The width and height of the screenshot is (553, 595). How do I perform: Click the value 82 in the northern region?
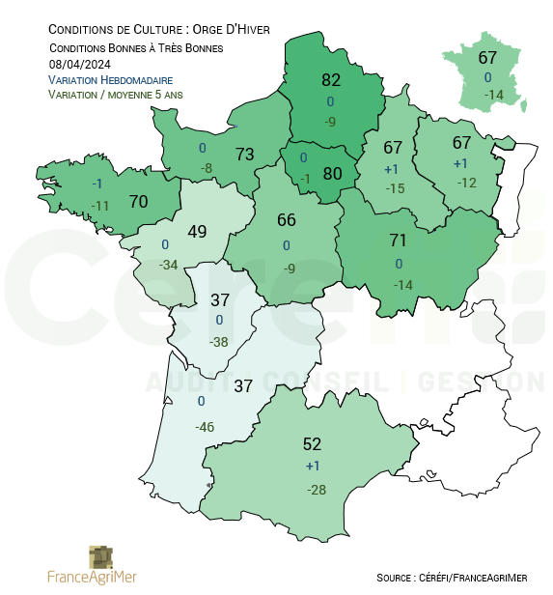point(331,80)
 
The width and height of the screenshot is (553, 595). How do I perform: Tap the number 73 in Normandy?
point(244,154)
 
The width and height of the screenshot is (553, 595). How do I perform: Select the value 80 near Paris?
point(333,174)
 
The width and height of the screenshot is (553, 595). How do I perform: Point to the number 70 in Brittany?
point(138,203)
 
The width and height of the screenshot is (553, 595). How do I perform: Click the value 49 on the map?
point(198,232)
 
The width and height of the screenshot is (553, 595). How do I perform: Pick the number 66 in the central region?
point(287,220)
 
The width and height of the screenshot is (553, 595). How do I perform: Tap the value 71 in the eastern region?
point(399,240)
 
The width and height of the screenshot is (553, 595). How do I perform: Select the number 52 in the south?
point(312,444)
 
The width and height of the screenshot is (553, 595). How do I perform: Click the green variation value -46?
point(204,427)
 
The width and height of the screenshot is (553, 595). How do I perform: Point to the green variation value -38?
point(219,342)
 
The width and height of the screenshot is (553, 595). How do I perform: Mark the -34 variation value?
point(169,265)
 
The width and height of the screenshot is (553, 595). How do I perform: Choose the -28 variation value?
point(316,490)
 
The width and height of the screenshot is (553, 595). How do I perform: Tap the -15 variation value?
point(393,188)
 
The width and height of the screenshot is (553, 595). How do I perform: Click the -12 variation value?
point(467,183)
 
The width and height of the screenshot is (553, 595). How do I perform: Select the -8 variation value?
point(206,169)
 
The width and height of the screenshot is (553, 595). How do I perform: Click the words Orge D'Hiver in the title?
point(231,29)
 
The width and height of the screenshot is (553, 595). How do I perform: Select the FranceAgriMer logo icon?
point(100,557)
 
